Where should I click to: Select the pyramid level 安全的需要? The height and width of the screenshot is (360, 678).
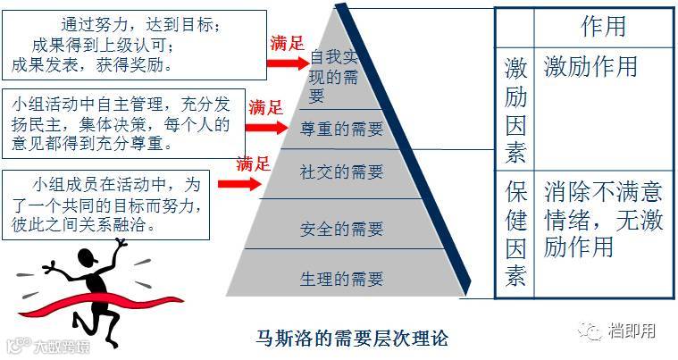pyautogui.click(x=341, y=228)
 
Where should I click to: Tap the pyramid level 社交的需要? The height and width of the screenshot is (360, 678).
pyautogui.click(x=341, y=172)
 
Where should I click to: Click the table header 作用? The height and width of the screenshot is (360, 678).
pyautogui.click(x=603, y=27)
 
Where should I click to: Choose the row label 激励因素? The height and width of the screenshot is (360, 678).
pyautogui.click(x=515, y=110)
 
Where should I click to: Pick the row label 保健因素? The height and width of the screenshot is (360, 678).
pyautogui.click(x=515, y=234)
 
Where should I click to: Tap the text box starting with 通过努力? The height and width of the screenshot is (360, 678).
pyautogui.click(x=135, y=45)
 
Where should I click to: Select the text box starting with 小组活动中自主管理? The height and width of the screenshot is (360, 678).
pyautogui.click(x=123, y=123)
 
